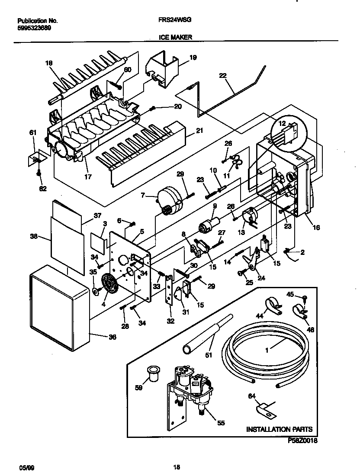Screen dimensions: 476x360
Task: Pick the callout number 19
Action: [x=193, y=57]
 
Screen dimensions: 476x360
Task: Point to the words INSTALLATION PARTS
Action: [x=279, y=429]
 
